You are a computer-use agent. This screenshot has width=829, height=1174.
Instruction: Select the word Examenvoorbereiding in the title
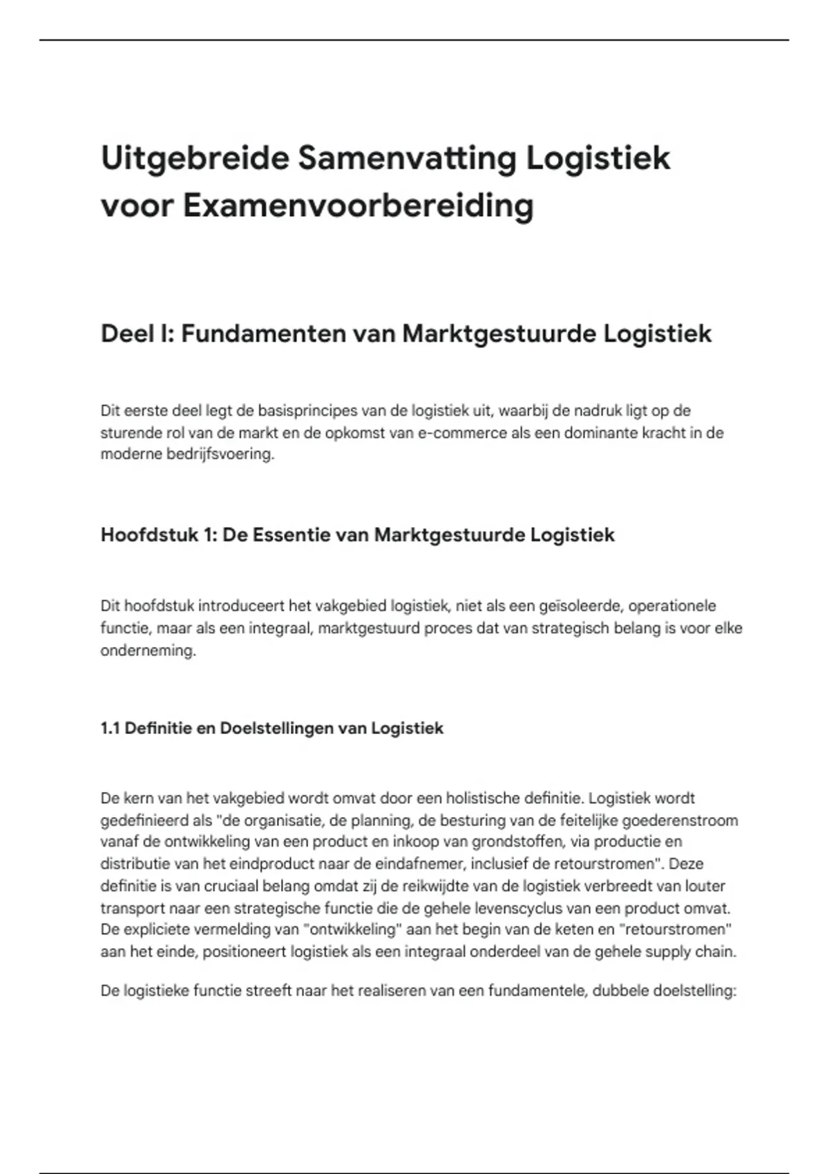tap(359, 206)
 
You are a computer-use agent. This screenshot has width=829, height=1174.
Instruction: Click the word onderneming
tap(148, 651)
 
